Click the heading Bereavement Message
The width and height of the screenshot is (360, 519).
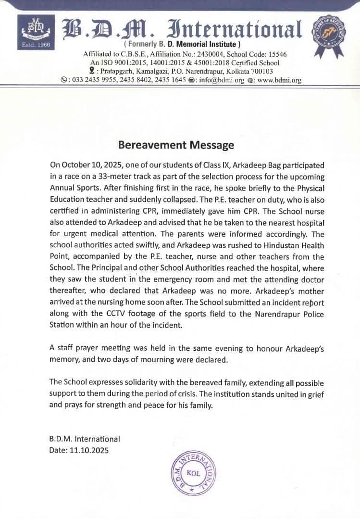click(176, 145)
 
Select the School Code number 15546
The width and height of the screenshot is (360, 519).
click(276, 54)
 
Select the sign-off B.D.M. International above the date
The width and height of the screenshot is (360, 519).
click(85, 439)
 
